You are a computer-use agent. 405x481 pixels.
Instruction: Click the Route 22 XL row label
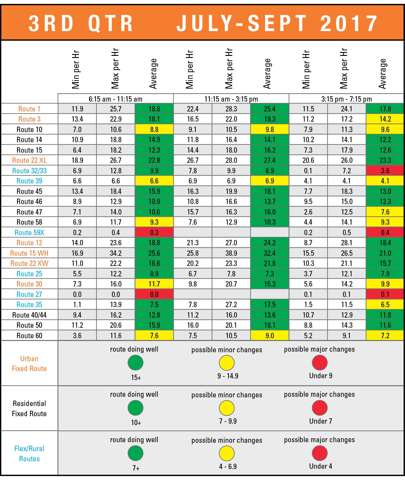click(29, 160)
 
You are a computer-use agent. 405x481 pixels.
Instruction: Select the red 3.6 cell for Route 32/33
click(385, 171)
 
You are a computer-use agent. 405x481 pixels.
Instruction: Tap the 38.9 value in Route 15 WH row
click(231, 253)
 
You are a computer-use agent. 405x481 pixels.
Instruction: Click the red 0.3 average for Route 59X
click(154, 233)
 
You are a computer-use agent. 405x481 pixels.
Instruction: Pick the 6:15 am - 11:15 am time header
click(115, 99)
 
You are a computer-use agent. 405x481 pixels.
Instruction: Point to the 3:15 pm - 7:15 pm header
click(346, 99)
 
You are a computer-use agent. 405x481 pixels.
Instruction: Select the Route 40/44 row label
click(29, 315)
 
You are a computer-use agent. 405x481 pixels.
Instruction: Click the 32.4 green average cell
click(270, 253)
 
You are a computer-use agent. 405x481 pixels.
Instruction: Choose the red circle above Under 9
click(320, 362)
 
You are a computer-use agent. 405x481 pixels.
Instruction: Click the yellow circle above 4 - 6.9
click(227, 453)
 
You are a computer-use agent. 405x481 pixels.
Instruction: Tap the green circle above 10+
click(135, 408)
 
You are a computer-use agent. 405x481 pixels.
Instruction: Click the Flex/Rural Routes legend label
click(29, 454)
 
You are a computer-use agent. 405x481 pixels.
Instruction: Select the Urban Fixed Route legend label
click(29, 364)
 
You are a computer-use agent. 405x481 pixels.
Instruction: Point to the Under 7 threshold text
click(320, 421)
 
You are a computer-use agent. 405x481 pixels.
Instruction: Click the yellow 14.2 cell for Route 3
click(385, 119)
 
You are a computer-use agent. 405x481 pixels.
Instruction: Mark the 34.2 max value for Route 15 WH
click(116, 253)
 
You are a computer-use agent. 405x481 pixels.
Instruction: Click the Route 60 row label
click(29, 336)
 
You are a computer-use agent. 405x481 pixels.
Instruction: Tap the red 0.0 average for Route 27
click(154, 295)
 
